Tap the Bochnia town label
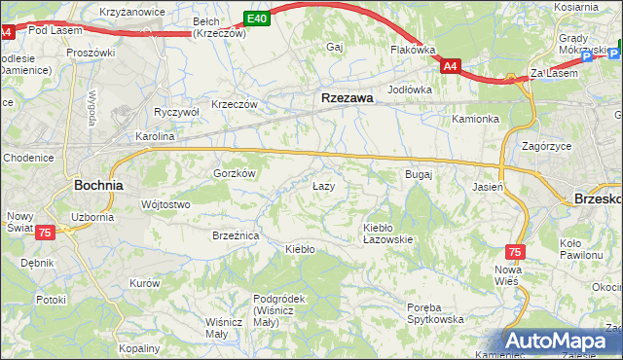coord(98,184)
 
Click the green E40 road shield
coord(256,18)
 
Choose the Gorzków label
coord(234,173)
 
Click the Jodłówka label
coord(410,90)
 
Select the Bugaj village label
coord(418,174)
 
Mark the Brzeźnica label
coord(236,235)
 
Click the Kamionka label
coord(475,119)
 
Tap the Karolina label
coord(155,137)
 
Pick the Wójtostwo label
coord(165,204)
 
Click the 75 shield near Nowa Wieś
coord(515,251)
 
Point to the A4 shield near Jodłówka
coord(450,66)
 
